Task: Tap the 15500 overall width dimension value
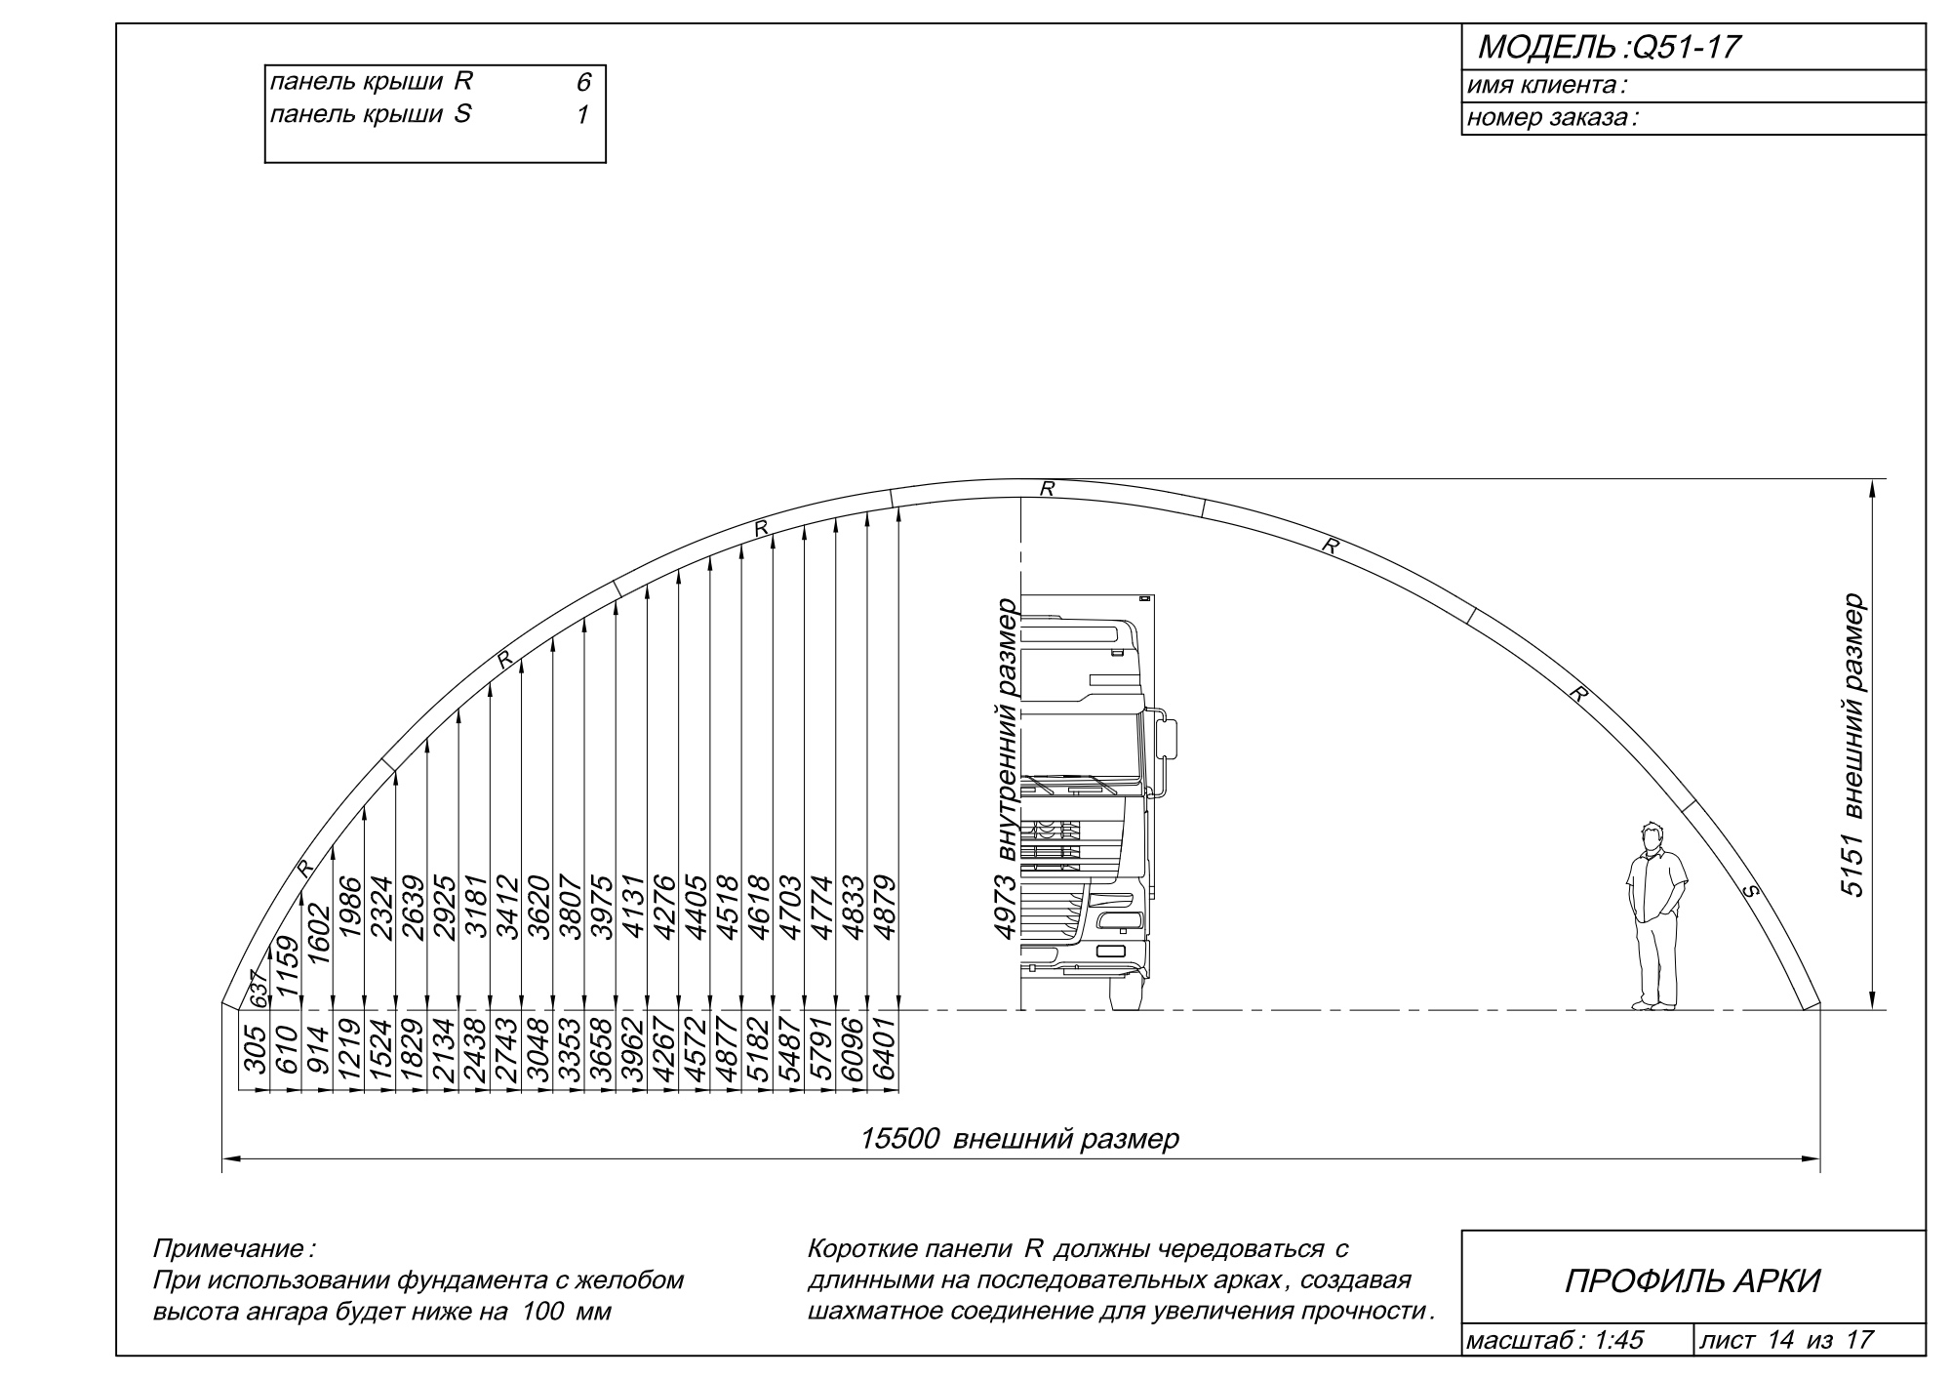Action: click(x=899, y=1139)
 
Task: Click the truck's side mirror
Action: click(x=1168, y=738)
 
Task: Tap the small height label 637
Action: click(x=258, y=991)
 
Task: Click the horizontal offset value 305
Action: click(x=256, y=1050)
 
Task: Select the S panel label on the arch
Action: click(x=1749, y=890)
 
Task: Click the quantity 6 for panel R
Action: click(x=583, y=84)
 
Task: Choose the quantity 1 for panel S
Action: click(x=582, y=115)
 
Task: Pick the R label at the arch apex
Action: click(x=1047, y=489)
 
